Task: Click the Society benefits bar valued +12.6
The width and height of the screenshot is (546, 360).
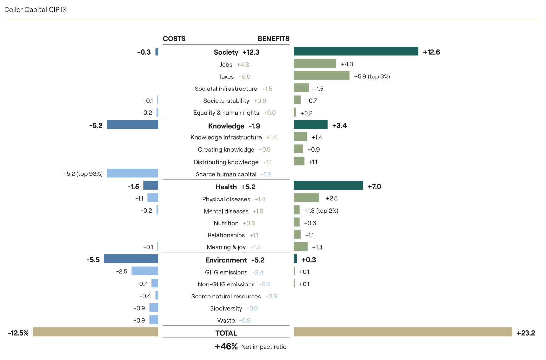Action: point(356,51)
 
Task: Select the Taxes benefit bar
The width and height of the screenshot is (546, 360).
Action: point(321,76)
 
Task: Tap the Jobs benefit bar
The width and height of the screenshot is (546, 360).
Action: point(315,63)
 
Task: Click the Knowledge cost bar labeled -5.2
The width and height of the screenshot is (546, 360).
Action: point(132,124)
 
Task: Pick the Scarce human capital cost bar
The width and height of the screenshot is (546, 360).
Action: point(132,173)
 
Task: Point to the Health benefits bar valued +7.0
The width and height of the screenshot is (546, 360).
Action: point(328,186)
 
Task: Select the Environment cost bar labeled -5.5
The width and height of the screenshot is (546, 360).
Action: point(131,259)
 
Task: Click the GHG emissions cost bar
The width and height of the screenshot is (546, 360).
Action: point(145,271)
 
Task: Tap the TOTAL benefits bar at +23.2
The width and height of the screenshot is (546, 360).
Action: point(403,332)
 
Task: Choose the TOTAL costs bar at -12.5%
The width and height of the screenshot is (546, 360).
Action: point(95,332)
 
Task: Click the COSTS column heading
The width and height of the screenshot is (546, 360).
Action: point(174,39)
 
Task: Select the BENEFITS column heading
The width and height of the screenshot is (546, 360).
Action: point(273,39)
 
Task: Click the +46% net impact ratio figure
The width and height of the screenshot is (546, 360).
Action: point(226,347)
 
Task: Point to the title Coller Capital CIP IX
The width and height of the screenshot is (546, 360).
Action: point(35,10)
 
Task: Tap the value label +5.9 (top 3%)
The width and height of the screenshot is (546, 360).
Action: point(372,76)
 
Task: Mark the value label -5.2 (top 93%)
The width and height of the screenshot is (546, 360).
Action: point(83,174)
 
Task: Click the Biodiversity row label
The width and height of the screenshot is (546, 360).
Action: point(226,308)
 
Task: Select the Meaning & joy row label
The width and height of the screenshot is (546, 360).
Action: point(226,247)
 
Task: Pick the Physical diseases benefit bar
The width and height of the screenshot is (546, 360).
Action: point(306,198)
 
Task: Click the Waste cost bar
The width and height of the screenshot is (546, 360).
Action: point(154,320)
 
